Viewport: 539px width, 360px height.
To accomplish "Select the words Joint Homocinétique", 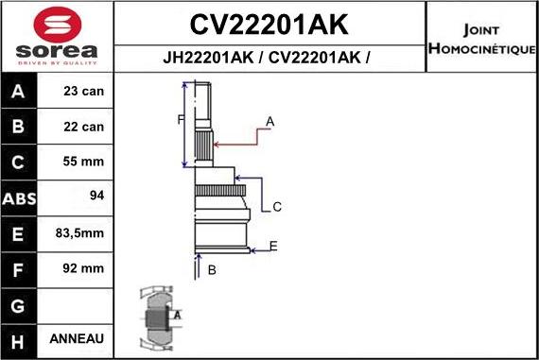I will pyautogui.click(x=481, y=38).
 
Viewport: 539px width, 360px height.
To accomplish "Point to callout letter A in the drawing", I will pyautogui.click(x=269, y=121).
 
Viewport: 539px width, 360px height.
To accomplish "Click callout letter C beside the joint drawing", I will pyautogui.click(x=277, y=207).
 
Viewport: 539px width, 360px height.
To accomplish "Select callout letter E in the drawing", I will pyautogui.click(x=273, y=247).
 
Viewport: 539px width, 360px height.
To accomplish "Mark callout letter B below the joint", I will pyautogui.click(x=212, y=270).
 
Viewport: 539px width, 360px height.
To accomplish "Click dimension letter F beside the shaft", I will pyautogui.click(x=181, y=118).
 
